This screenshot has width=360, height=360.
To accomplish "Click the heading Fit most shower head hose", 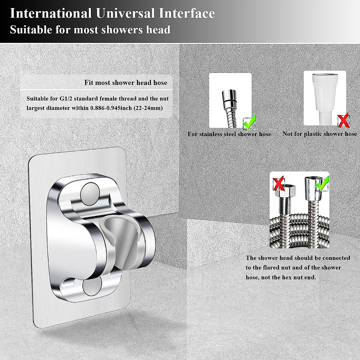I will pos(125,82).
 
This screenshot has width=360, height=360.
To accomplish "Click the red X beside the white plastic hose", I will pos(343,121).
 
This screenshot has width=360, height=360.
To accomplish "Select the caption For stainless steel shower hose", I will pos(229,134).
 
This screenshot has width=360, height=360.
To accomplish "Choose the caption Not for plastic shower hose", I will pos(319,134).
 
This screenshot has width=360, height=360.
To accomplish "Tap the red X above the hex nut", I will pos(278,184).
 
